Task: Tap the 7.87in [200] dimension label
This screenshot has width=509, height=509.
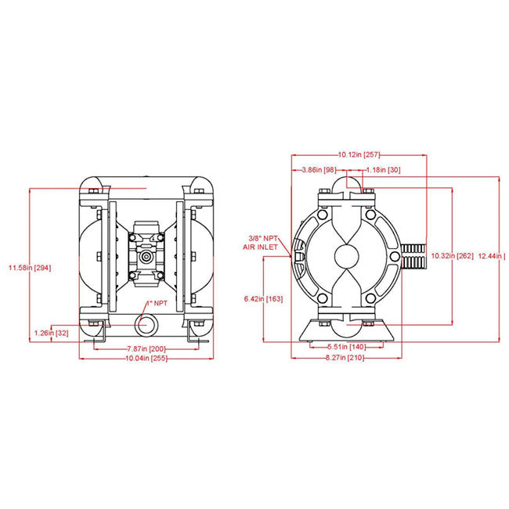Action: [146, 348]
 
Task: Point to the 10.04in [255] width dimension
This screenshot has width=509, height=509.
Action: [145, 358]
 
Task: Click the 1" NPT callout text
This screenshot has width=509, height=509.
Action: [155, 302]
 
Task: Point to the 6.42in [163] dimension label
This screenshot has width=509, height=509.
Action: [263, 298]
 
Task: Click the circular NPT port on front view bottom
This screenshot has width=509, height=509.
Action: [146, 323]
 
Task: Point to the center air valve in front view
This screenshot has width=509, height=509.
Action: [146, 256]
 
